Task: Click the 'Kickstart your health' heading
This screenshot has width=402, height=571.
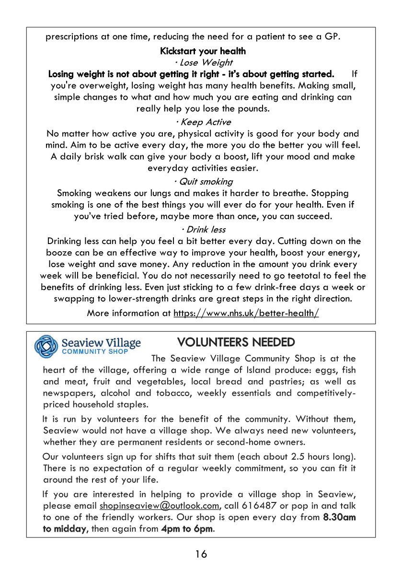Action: point(203,51)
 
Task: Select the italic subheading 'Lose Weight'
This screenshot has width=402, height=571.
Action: point(203,62)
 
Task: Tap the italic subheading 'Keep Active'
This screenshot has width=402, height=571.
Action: point(203,122)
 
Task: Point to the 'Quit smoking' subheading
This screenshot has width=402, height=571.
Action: point(203,181)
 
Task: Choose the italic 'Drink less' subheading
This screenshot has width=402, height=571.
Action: point(203,229)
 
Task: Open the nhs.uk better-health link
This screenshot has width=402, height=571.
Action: point(246,313)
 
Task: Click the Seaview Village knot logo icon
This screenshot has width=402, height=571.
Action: point(46,346)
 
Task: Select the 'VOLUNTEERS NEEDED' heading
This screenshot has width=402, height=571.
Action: point(236,342)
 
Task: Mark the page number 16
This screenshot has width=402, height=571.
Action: point(201,554)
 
